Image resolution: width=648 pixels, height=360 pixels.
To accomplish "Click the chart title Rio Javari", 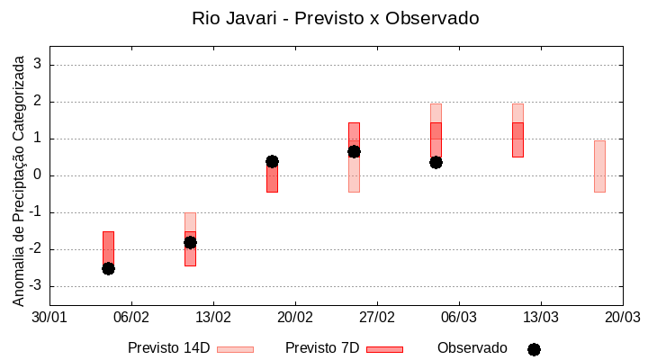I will click(x=335, y=18).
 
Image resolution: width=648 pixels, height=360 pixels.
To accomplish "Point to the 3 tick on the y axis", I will click(x=38, y=65).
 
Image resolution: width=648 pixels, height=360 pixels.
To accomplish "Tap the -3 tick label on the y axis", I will click(x=35, y=286).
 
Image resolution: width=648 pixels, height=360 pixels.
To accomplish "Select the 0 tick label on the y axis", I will click(x=38, y=175).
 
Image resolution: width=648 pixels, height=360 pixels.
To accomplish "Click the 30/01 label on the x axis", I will click(x=49, y=317).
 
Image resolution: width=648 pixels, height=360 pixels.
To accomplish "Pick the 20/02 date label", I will click(x=294, y=317).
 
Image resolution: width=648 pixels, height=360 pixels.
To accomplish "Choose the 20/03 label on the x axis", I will click(x=622, y=317).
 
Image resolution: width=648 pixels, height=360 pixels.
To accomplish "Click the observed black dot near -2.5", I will click(x=108, y=268).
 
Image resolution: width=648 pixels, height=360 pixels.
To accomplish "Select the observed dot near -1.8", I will click(x=190, y=242).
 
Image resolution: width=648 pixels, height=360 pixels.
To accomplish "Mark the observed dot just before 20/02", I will click(x=272, y=161).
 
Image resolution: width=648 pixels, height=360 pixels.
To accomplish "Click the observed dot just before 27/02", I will click(x=354, y=151).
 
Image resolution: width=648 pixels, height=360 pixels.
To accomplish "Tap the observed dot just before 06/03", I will click(x=436, y=162).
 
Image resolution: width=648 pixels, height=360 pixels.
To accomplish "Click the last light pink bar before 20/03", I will click(x=599, y=166).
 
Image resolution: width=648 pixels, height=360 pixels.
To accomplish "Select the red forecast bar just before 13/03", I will click(x=517, y=139).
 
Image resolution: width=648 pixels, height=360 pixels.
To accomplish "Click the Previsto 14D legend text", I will click(x=169, y=347).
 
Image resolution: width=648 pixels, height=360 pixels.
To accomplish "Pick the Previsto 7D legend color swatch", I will click(x=384, y=348).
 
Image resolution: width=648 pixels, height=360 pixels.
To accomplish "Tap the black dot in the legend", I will click(x=534, y=349).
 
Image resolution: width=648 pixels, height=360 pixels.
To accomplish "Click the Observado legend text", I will click(x=472, y=347).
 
